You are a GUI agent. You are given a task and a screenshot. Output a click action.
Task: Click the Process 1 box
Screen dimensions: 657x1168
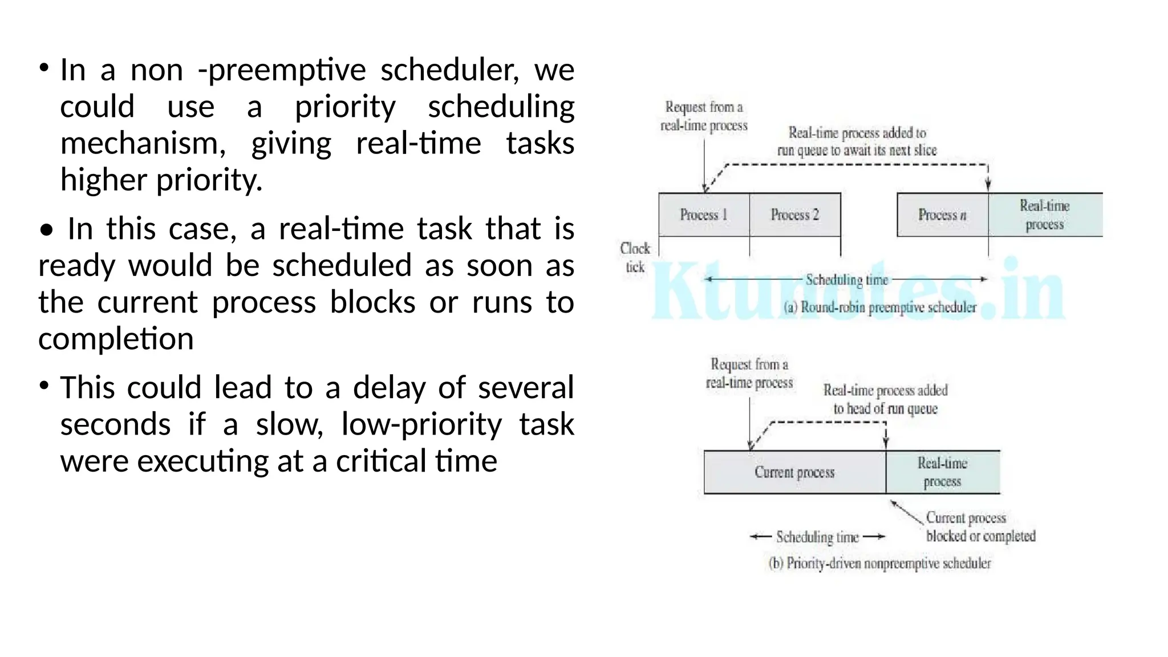point(704,215)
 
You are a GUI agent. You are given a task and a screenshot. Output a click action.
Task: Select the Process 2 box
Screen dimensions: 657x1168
point(794,215)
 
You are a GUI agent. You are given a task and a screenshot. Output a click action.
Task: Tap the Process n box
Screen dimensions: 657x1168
point(942,215)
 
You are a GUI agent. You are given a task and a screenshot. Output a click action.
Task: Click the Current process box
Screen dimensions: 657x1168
point(794,472)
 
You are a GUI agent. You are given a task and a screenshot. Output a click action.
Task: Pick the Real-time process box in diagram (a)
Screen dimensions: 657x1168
point(1045,215)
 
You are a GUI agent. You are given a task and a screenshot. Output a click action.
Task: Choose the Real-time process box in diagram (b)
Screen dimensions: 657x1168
point(942,472)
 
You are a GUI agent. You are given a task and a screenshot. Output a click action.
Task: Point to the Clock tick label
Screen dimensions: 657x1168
point(635,258)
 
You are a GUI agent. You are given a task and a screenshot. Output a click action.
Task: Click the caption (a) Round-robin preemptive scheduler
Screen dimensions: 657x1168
point(879,308)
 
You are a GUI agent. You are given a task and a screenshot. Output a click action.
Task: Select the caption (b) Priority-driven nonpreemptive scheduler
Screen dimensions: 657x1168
point(879,563)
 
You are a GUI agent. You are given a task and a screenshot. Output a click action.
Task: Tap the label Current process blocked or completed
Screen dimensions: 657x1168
point(980,527)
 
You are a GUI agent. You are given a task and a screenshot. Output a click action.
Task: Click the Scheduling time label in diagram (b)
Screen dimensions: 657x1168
point(817,537)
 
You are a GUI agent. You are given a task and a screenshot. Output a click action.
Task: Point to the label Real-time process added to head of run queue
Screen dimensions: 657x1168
point(885,399)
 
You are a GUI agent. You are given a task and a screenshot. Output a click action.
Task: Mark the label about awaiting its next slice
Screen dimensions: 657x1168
point(857,141)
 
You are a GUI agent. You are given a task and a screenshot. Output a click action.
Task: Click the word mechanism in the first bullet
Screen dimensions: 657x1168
point(143,144)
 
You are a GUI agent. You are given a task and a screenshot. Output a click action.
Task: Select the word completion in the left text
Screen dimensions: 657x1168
point(116,339)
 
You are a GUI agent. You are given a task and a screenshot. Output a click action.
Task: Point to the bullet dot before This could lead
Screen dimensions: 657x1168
point(44,386)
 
